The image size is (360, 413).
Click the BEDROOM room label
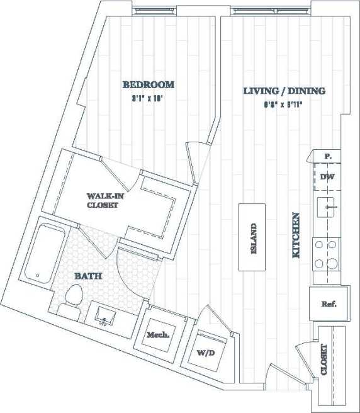pyautogui.click(x=148, y=85)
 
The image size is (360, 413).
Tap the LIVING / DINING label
pyautogui.click(x=284, y=91)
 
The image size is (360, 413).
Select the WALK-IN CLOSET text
pyautogui.click(x=102, y=200)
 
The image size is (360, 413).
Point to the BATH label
pyautogui.click(x=89, y=276)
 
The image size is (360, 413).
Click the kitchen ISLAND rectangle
pyautogui.click(x=254, y=237)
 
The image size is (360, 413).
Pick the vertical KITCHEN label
pyautogui.click(x=295, y=235)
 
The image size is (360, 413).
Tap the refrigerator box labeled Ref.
pyautogui.click(x=328, y=303)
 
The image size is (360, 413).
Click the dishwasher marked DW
pyautogui.click(x=327, y=178)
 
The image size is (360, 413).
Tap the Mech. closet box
pyautogui.click(x=158, y=335)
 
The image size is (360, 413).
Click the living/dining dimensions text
pyautogui.click(x=284, y=105)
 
